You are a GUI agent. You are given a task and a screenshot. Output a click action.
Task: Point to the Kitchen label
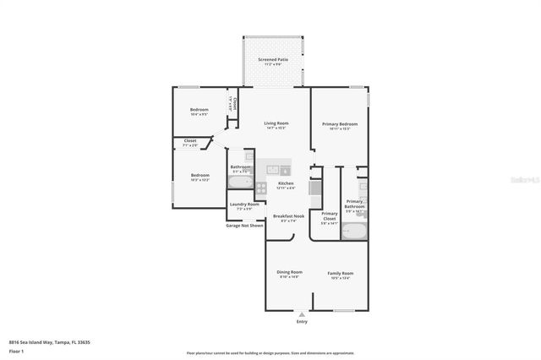click(286, 184)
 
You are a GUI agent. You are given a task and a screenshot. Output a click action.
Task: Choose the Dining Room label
click(289, 273)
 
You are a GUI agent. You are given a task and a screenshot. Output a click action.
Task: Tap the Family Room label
click(341, 273)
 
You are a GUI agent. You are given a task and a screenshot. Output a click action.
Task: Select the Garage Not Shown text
click(244, 226)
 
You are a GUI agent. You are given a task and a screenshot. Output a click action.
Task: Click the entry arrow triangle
click(302, 314)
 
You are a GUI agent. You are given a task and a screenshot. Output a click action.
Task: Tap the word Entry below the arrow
click(302, 322)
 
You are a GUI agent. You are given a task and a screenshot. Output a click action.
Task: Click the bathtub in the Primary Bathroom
click(354, 228)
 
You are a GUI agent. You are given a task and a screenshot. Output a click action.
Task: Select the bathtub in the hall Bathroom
click(240, 180)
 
